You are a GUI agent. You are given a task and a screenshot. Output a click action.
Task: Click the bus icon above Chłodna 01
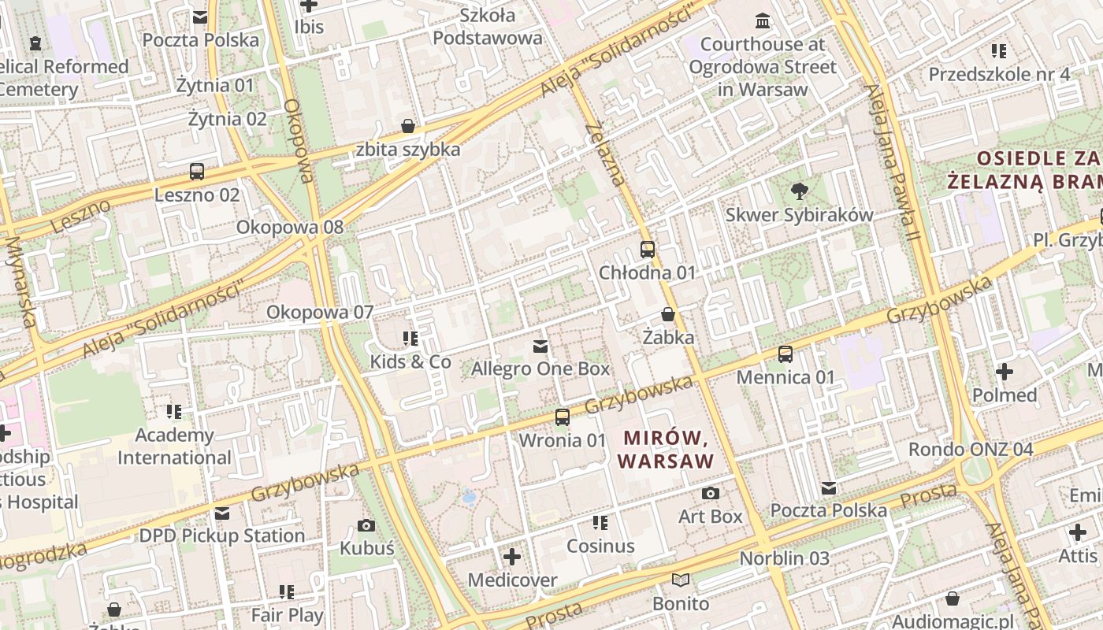647,250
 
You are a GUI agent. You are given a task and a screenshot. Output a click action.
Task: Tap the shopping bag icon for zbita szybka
407,126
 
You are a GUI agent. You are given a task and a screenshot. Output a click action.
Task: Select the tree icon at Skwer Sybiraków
799,191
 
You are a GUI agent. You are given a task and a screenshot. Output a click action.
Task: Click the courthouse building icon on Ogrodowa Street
762,20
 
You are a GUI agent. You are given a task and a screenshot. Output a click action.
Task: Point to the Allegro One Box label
540,369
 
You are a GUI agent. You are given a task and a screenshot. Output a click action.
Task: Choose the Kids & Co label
410,361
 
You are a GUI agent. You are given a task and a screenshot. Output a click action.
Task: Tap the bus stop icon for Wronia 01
562,417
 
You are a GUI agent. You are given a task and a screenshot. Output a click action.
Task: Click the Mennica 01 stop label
785,377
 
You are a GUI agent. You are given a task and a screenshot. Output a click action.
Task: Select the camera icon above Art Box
711,494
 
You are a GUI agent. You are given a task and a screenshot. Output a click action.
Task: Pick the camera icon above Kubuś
366,525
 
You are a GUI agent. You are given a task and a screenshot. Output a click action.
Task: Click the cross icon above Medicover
512,558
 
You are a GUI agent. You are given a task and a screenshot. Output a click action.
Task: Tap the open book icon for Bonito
681,580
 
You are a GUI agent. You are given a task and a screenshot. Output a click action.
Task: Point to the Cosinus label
600,546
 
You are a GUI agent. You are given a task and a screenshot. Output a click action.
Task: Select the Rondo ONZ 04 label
970,450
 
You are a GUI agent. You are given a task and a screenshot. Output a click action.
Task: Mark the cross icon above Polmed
1005,372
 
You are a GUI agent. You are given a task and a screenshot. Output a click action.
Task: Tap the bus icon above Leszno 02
197,171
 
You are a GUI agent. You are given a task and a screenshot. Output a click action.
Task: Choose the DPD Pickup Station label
221,535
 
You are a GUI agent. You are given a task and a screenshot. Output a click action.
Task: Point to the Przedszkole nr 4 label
999,75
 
